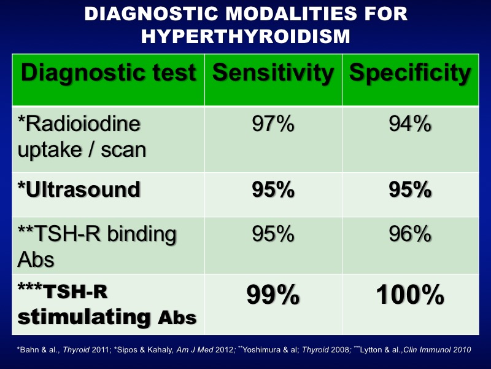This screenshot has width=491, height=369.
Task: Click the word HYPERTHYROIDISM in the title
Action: coord(245,36)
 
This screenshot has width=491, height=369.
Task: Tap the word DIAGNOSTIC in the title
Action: coord(151,14)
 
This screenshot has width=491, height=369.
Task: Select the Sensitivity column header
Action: coord(273,73)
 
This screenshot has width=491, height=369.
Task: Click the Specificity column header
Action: coord(410,73)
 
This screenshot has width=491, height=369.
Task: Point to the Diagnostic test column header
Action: coord(109,73)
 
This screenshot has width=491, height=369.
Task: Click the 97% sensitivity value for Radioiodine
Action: coord(273,124)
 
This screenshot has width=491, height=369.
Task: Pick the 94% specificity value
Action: coord(410,124)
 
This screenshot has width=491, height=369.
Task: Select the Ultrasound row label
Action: coord(79,189)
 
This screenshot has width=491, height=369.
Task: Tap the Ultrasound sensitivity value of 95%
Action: coord(273,189)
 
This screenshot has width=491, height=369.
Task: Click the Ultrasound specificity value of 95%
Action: coord(410,189)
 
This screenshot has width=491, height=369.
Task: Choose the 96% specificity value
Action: coord(410,234)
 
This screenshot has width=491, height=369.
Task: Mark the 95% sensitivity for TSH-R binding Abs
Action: coord(273,234)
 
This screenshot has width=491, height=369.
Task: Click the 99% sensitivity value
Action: coord(273,295)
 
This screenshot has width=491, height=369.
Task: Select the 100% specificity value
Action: coord(410,295)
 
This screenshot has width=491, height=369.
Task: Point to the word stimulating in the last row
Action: coord(85,317)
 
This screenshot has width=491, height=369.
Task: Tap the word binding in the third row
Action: coord(142,235)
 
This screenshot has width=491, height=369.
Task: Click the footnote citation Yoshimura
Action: coord(260,350)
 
